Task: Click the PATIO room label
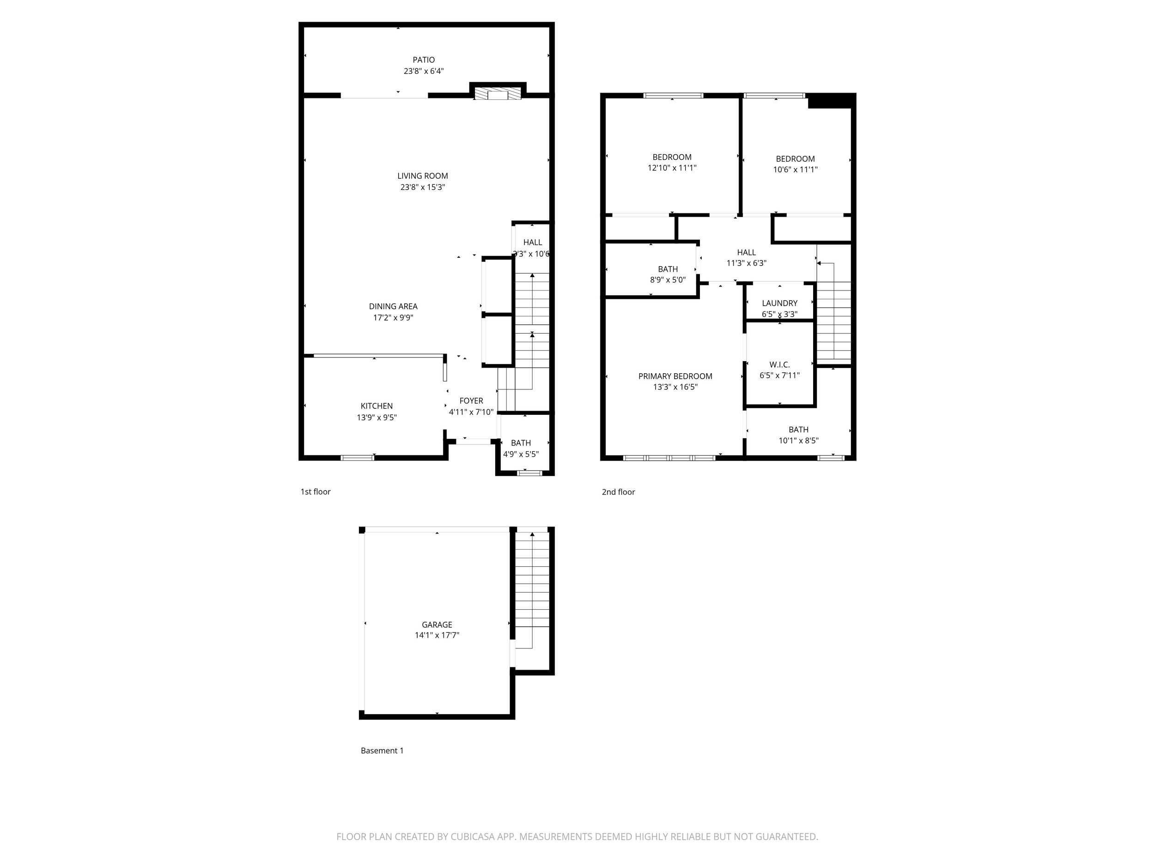(x=424, y=60)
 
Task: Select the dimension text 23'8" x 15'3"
(x=422, y=188)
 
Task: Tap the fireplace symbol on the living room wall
(x=498, y=94)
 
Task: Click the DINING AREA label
(x=393, y=306)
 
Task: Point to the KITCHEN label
(x=377, y=406)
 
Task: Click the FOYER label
(x=471, y=401)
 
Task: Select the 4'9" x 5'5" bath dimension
(x=521, y=454)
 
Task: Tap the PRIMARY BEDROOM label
(x=675, y=376)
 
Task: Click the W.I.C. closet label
(x=779, y=365)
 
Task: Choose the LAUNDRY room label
(x=779, y=303)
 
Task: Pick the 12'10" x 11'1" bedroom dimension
(x=672, y=168)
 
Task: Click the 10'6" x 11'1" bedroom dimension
(x=795, y=170)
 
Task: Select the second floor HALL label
(x=746, y=253)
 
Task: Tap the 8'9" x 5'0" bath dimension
(x=668, y=280)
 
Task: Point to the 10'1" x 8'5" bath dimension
(x=798, y=441)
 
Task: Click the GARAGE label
(x=437, y=625)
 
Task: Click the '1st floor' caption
(x=316, y=492)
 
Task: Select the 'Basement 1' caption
(x=382, y=751)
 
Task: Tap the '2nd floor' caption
(x=618, y=492)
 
